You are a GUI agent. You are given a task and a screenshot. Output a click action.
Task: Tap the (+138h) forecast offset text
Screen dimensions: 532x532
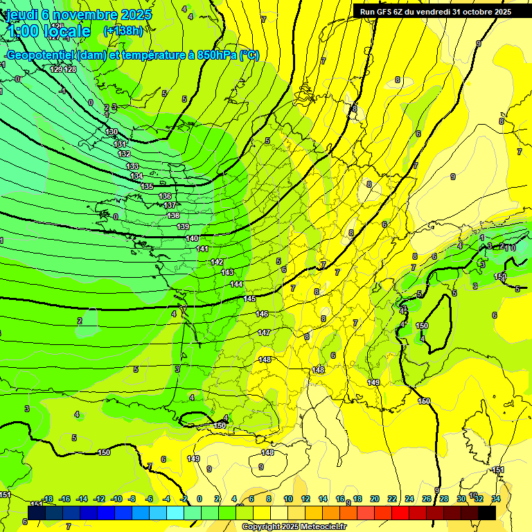click(x=123, y=31)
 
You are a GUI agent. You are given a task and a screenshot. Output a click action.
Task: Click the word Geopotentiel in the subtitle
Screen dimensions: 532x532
click(x=40, y=55)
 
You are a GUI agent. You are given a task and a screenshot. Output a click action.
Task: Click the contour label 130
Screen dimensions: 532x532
click(x=112, y=132)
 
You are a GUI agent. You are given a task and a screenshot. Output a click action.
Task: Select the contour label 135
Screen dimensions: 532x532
click(x=147, y=186)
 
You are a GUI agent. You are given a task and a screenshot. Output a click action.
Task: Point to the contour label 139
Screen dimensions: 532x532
click(x=183, y=227)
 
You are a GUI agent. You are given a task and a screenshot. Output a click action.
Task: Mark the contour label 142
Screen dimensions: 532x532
click(x=217, y=262)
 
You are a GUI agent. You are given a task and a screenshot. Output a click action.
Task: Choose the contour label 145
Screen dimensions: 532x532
click(x=250, y=299)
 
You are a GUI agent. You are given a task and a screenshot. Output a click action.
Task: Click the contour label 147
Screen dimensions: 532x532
click(x=264, y=332)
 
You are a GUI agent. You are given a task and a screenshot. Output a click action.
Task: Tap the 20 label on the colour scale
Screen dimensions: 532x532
click(x=375, y=499)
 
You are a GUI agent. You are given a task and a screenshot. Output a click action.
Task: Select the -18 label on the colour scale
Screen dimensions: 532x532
click(x=47, y=499)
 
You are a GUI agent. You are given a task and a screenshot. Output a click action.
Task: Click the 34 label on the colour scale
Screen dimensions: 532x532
click(x=496, y=499)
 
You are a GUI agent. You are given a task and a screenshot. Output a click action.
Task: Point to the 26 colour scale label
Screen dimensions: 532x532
click(x=427, y=499)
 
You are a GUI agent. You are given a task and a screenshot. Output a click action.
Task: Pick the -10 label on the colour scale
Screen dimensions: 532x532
click(x=116, y=499)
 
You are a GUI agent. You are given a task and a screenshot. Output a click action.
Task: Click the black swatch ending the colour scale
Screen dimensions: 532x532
click(x=487, y=513)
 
